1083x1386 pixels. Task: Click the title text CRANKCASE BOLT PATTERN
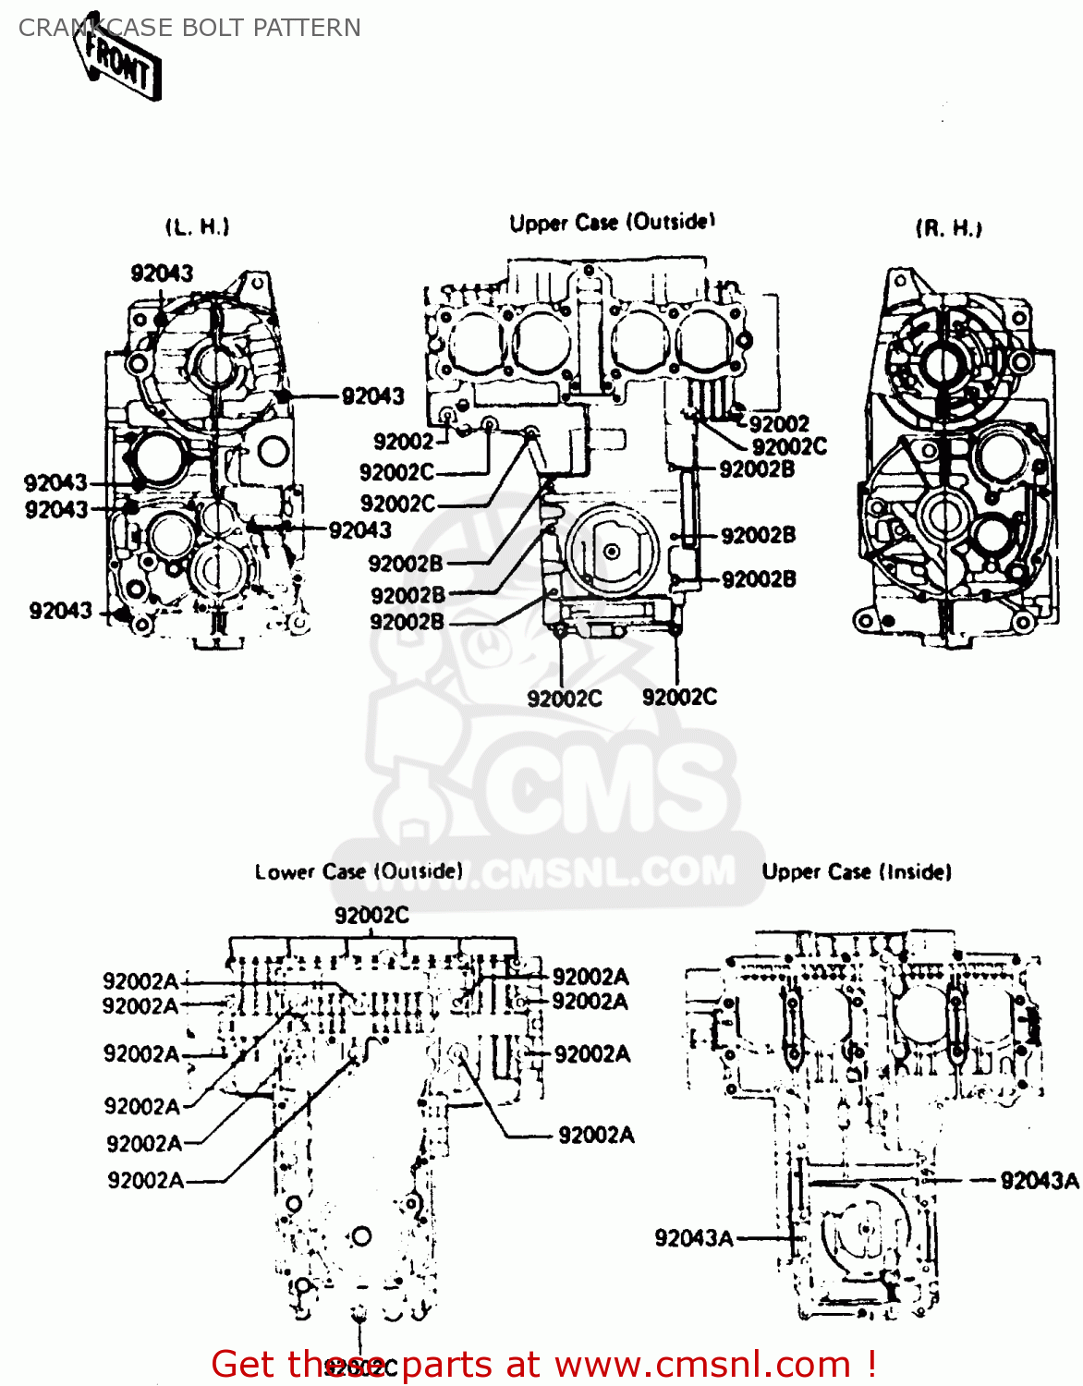pos(189,28)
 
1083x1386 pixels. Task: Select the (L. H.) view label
pos(198,226)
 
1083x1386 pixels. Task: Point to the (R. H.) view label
pos(949,228)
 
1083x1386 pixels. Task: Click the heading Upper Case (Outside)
pos(613,223)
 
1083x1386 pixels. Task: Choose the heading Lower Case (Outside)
pos(359,871)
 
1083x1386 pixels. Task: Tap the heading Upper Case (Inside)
pos(857,871)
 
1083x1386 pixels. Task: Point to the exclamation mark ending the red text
pos(870,1364)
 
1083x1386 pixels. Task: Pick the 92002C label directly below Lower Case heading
pos(371,915)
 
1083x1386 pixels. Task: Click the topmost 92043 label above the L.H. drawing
pos(163,273)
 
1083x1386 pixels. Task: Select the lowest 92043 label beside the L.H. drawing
pos(61,611)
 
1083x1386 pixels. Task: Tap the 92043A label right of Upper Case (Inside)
pos(1040,1180)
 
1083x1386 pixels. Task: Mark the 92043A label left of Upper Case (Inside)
pos(694,1238)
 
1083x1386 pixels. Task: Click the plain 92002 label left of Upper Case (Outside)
pos(403,442)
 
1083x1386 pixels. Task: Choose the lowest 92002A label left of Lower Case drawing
pos(145,1180)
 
